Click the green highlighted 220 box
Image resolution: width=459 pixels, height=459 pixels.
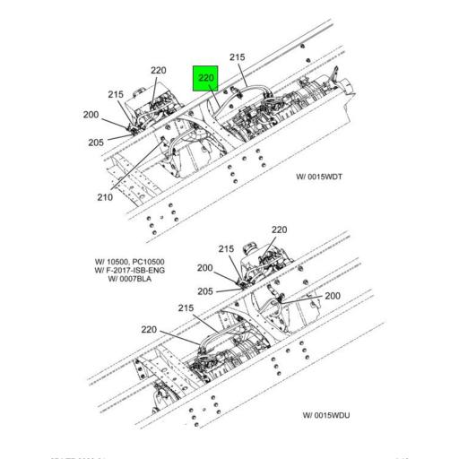click(x=205, y=79)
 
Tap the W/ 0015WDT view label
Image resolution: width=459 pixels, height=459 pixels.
click(x=319, y=177)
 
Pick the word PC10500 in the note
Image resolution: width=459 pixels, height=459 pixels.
click(x=150, y=262)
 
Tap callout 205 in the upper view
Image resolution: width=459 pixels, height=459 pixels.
click(x=96, y=142)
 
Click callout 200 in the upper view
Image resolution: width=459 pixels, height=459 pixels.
click(x=91, y=115)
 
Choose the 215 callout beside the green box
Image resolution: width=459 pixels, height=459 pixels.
click(x=238, y=57)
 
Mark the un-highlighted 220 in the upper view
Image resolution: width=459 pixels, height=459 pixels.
click(x=159, y=70)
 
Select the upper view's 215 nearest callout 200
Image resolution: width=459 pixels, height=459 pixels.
click(x=116, y=94)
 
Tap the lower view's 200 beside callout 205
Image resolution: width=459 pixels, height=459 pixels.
click(x=205, y=267)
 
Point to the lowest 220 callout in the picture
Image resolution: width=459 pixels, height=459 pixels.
click(x=151, y=329)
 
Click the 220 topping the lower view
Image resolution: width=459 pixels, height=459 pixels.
click(x=279, y=229)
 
